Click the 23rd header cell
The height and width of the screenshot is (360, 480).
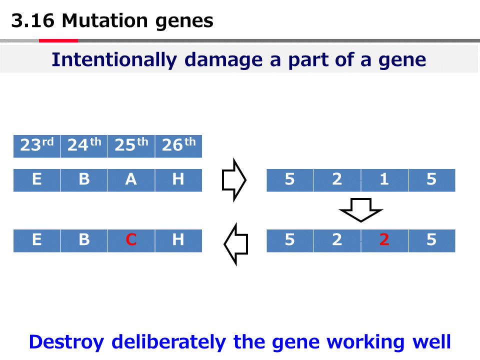click(x=36, y=146)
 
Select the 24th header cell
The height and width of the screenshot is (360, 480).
click(x=83, y=146)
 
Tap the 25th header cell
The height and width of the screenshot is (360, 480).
click(x=131, y=146)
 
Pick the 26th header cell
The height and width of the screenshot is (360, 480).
click(x=178, y=146)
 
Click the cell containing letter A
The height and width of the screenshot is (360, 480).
click(x=131, y=180)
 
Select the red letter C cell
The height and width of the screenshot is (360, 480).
click(x=131, y=240)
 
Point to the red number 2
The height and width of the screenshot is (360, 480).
click(x=384, y=240)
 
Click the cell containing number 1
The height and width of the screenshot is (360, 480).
click(x=384, y=180)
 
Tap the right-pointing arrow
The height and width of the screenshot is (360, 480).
click(x=233, y=180)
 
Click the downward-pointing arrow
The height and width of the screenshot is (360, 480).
click(x=360, y=209)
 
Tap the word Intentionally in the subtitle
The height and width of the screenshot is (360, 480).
click(x=114, y=60)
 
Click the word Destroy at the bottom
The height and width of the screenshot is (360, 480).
click(x=66, y=342)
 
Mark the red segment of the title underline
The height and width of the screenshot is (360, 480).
click(x=58, y=40)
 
